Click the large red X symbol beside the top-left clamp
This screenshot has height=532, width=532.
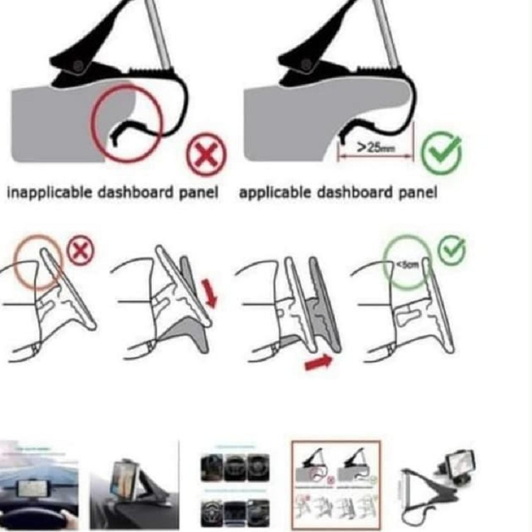pyautogui.click(x=206, y=155)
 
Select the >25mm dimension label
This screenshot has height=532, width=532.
pyautogui.click(x=374, y=148)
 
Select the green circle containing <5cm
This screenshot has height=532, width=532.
pyautogui.click(x=407, y=264)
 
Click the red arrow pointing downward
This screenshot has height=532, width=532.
pyautogui.click(x=211, y=293)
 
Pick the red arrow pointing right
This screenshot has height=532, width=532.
pyautogui.click(x=318, y=364)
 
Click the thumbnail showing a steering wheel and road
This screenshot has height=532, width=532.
pyautogui.click(x=38, y=485)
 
